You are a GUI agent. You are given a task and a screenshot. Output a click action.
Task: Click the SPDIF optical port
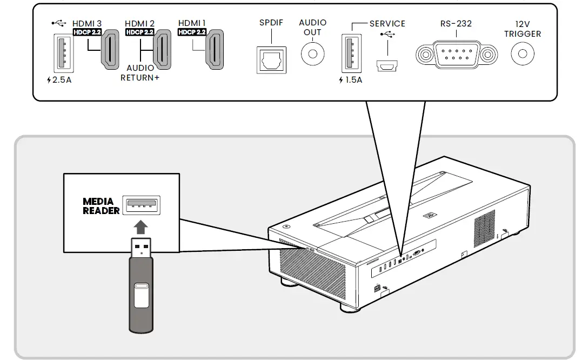tap(271, 59)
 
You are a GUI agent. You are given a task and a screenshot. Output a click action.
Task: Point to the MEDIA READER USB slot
tap(141, 205)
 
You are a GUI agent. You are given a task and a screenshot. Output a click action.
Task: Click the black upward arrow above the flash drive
tap(141, 227)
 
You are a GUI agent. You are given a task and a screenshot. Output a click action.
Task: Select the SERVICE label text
tap(387, 24)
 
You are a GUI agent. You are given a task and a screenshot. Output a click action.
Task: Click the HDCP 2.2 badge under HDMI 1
tap(192, 32)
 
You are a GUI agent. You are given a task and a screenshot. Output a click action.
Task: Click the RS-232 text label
tap(456, 24)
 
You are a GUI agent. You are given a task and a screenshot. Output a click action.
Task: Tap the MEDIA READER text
tap(101, 206)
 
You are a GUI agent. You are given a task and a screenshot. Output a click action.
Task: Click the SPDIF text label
tap(271, 23)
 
